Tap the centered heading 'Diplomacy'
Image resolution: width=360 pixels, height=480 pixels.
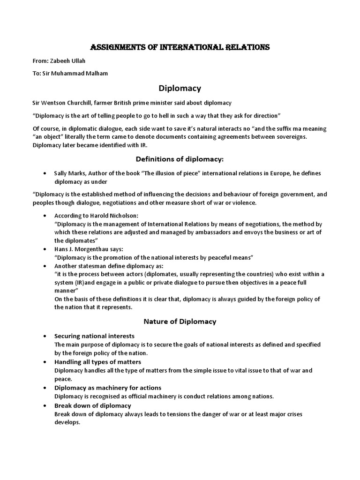180,88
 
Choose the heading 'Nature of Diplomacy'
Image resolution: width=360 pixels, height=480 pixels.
180,321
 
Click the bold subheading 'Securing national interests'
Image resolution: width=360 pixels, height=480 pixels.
94,336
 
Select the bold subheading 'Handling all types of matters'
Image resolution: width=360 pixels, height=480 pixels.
97,362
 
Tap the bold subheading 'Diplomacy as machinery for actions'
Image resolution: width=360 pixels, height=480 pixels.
108,388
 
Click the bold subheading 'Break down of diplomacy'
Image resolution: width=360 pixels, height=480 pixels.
93,405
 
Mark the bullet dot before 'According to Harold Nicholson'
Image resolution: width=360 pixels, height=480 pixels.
44,216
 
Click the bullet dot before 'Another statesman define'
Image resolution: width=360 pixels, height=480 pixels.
44,266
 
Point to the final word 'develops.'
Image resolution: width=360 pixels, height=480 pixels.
67,422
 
